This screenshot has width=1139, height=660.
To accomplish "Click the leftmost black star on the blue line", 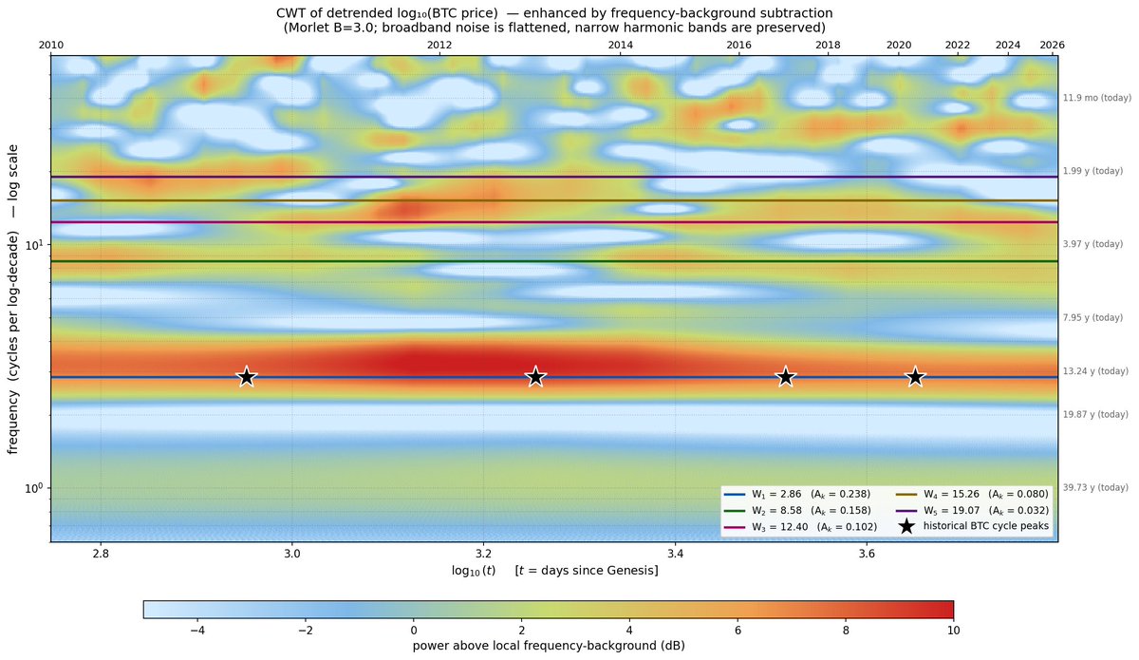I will (247, 377).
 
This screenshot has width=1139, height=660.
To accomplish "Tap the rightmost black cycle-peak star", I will (915, 377).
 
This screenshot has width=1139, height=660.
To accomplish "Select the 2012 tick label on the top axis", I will (439, 45).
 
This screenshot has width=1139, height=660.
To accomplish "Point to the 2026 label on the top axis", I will (1052, 45).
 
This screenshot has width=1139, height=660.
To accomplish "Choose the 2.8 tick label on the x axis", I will (101, 552).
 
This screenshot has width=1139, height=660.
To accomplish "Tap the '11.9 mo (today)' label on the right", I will (1095, 98).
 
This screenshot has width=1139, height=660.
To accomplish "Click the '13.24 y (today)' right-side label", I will (1095, 371).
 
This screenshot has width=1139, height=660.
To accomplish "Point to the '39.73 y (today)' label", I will (1095, 487).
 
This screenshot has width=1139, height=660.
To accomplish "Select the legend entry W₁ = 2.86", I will (797, 495).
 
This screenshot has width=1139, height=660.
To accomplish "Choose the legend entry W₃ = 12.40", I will (797, 526).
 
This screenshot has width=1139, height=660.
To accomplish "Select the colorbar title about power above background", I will (549, 646).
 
